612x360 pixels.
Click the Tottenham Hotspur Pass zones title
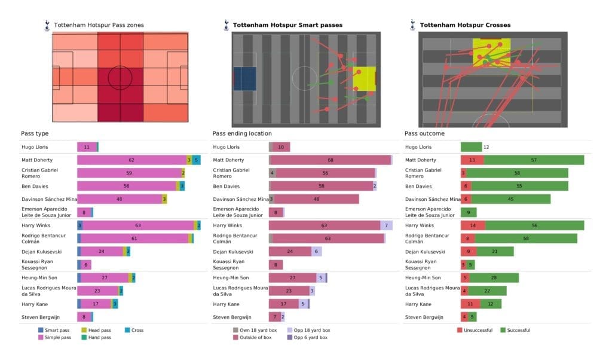[99, 25]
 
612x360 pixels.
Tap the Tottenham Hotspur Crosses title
[465, 25]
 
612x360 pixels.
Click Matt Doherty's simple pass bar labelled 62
[131, 160]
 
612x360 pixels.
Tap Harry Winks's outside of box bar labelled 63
[325, 225]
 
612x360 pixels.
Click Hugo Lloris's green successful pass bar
[471, 147]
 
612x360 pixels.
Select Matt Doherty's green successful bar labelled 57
[534, 160]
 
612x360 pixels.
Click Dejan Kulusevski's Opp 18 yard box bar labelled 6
[316, 252]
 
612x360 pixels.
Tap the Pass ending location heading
[241, 133]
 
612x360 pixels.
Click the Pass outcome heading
[424, 133]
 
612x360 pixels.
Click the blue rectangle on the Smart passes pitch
[244, 78]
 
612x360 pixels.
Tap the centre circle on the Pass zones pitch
[120, 77]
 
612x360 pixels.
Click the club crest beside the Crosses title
[412, 25]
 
